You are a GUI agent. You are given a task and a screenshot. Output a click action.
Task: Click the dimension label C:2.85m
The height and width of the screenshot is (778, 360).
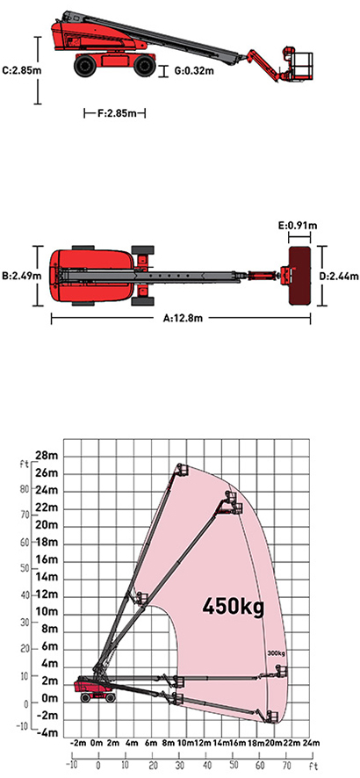click(x=21, y=70)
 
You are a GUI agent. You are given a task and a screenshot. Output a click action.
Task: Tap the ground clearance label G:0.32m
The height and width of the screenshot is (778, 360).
click(x=194, y=70)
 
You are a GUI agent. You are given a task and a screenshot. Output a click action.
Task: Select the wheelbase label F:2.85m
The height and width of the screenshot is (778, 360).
click(x=117, y=113)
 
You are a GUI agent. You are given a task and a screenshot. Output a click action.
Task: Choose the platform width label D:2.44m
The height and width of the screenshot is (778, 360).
click(x=342, y=276)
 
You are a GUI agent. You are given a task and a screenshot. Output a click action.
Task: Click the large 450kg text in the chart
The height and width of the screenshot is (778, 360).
click(x=233, y=606)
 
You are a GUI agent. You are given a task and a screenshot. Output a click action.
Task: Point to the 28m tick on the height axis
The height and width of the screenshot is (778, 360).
click(x=47, y=456)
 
